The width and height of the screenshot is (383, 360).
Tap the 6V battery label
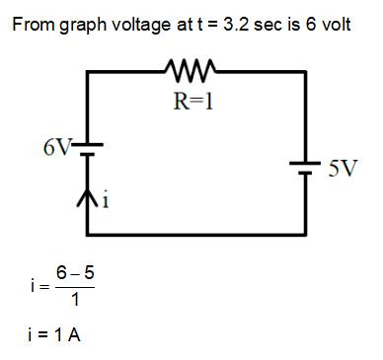click(x=57, y=149)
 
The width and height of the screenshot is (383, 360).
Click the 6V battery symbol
click(x=88, y=151)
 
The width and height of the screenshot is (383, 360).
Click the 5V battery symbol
click(x=307, y=167)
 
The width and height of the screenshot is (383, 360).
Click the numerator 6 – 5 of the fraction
click(x=75, y=271)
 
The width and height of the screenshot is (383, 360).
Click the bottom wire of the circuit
click(x=197, y=234)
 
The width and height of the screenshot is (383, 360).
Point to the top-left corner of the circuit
click(x=88, y=73)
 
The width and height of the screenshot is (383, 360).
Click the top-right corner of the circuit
click(x=307, y=73)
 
